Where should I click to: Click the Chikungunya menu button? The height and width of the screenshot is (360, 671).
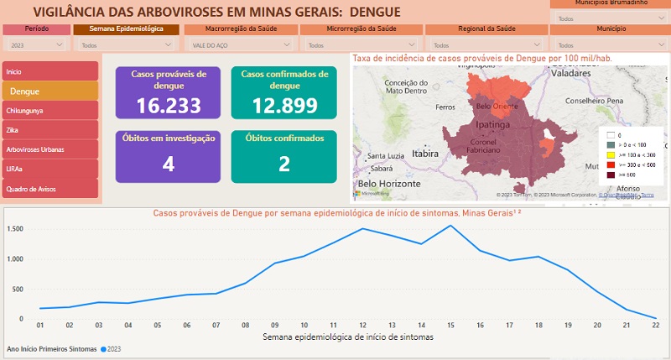tap(49, 110)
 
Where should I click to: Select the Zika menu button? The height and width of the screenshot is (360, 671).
tap(49, 130)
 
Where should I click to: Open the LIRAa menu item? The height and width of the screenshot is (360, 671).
tap(49, 169)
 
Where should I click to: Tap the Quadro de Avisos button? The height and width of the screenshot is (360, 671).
tap(49, 188)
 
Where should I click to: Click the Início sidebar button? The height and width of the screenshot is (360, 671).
tap(49, 71)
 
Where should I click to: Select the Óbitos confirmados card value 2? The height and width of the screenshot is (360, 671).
tap(283, 164)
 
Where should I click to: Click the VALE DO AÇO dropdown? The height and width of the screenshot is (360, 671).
tap(237, 44)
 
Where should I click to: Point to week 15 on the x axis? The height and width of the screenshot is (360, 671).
tap(450, 326)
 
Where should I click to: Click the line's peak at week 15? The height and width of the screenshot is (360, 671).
tap(450, 226)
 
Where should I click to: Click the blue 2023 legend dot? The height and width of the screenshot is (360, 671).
tap(104, 348)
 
